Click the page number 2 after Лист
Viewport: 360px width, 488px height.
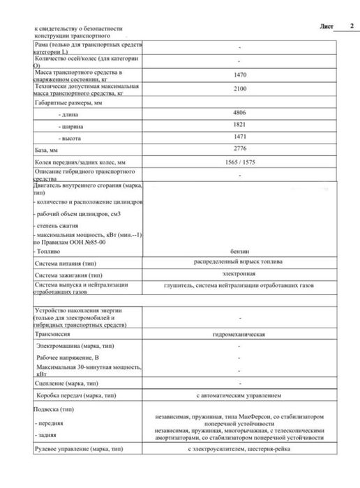(351, 26)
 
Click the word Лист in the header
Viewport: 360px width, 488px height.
(327, 26)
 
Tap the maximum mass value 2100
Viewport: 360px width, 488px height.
(241, 89)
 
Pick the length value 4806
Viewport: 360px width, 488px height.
(241, 113)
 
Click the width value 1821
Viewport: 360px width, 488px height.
(241, 126)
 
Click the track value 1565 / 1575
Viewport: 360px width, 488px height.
(241, 163)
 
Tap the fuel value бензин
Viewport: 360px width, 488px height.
(240, 249)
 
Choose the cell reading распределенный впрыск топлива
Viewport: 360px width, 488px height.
(239, 261)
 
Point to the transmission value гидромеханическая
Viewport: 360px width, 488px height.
(239, 335)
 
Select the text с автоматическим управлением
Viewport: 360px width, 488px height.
(239, 395)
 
